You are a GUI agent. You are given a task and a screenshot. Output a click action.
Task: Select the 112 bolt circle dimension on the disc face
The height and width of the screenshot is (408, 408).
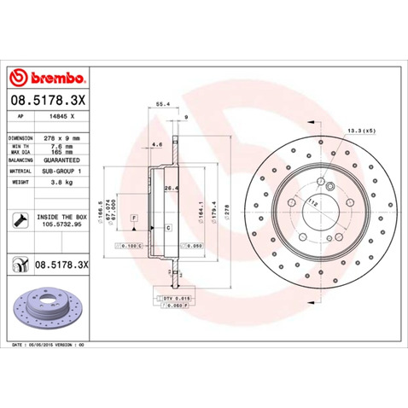(313, 203)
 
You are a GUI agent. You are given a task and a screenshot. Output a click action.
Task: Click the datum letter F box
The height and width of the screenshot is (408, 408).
(133, 220)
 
